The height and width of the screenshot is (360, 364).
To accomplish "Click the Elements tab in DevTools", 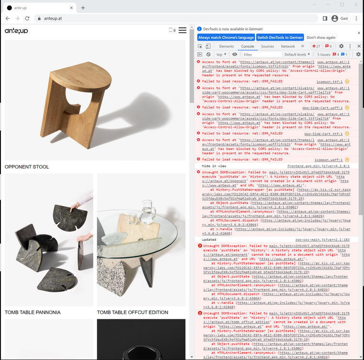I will click(226, 46).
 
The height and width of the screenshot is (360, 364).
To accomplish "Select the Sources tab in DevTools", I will click(267, 46).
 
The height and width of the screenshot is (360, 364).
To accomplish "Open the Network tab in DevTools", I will click(288, 46).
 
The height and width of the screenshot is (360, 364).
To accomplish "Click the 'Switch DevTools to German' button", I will click(280, 37).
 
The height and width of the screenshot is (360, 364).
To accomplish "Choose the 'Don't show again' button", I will click(321, 37).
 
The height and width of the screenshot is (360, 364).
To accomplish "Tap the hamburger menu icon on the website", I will click(182, 30).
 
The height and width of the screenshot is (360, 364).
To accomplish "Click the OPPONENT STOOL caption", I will click(27, 167).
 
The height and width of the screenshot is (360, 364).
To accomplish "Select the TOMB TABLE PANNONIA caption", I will click(33, 313).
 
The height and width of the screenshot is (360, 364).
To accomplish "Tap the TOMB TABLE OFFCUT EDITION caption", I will click(133, 313).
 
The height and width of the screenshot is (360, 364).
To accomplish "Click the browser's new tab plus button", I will click(83, 8).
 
